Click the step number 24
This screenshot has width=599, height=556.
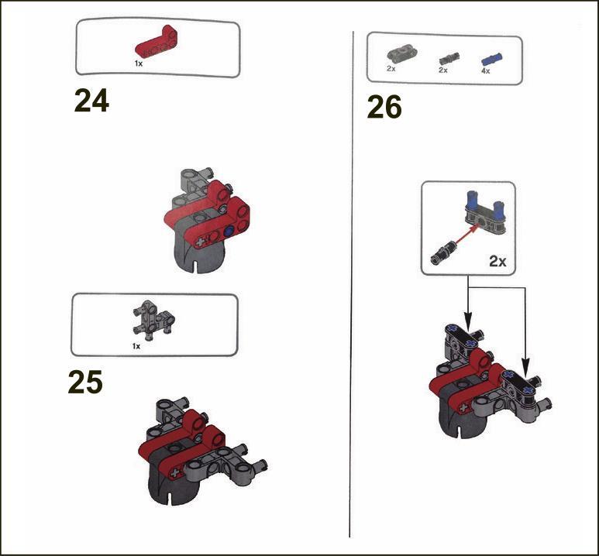[x=91, y=100]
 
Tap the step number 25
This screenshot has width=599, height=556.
[x=85, y=382]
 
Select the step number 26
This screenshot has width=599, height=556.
[x=384, y=107]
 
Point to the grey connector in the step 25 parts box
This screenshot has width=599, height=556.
[x=153, y=320]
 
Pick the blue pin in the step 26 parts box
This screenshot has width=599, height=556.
[x=491, y=59]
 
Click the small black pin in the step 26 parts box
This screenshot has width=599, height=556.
[x=449, y=58]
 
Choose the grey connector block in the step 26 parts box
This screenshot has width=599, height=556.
[x=402, y=54]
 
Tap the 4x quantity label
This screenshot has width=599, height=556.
[x=486, y=71]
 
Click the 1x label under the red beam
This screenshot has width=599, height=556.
[x=139, y=63]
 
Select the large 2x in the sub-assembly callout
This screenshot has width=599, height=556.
[x=497, y=261]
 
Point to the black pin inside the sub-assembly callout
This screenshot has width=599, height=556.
[x=442, y=252]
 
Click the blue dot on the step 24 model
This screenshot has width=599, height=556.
[x=229, y=232]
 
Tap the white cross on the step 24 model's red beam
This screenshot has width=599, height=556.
[x=200, y=242]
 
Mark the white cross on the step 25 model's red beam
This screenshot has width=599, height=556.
[x=174, y=473]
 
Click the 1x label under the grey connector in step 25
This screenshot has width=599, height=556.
[x=136, y=346]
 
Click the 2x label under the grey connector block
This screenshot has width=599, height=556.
[x=391, y=69]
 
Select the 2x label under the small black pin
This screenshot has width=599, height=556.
[x=443, y=70]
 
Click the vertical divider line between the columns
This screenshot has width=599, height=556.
[x=352, y=284]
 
